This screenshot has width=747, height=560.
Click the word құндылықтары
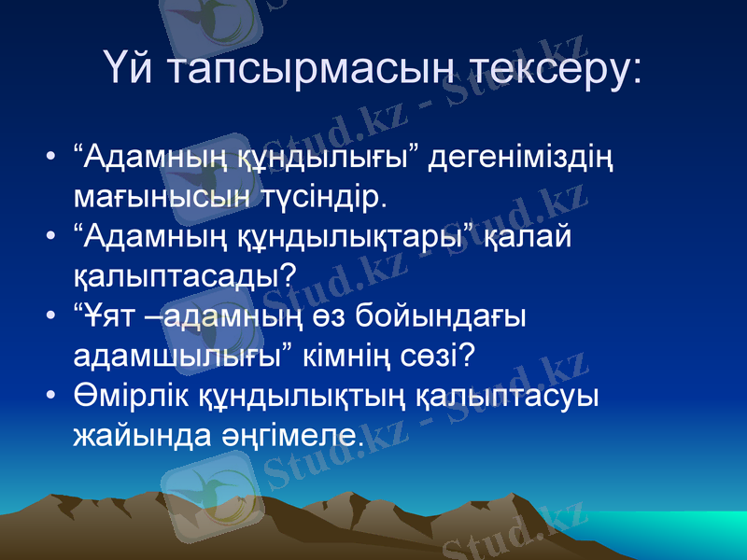(351, 237)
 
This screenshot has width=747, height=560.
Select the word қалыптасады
(185, 276)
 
